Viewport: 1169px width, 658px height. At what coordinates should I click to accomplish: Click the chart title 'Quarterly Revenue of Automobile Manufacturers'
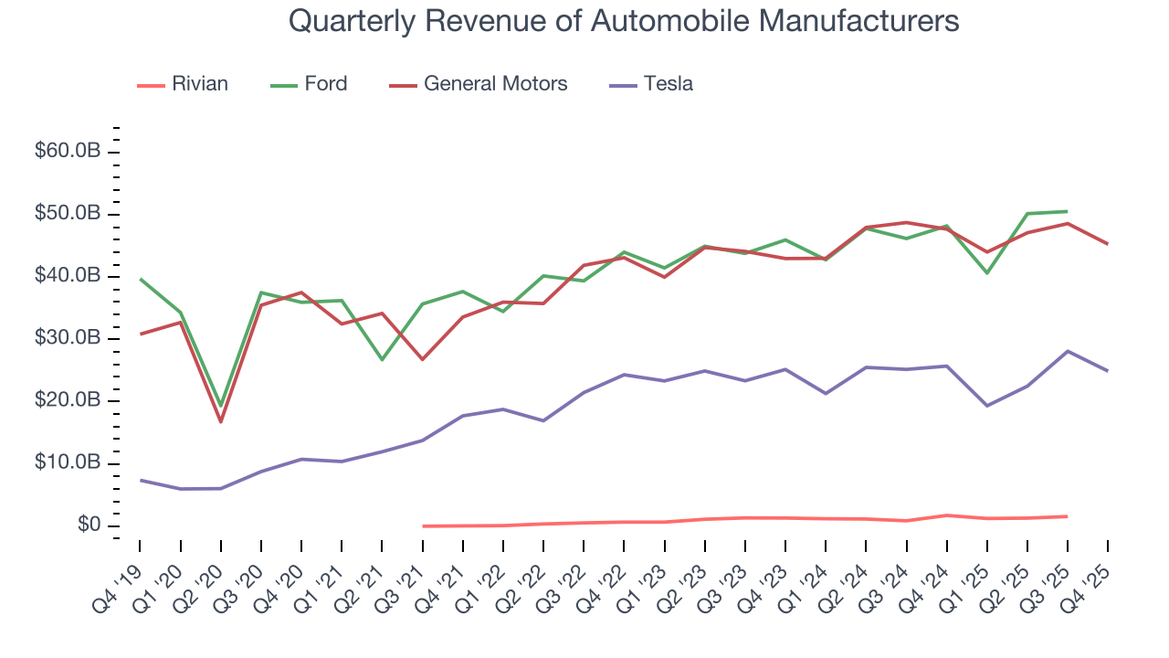point(624,20)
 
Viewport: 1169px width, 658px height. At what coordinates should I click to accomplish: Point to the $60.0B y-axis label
point(67,152)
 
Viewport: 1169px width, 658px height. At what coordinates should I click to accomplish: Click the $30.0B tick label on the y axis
point(67,339)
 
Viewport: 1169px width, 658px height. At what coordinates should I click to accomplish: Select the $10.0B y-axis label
point(67,463)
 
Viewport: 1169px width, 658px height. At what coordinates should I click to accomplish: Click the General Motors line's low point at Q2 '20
point(220,421)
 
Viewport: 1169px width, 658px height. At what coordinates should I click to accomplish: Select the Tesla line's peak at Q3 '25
point(1068,351)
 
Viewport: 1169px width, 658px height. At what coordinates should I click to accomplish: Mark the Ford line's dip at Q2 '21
point(382,359)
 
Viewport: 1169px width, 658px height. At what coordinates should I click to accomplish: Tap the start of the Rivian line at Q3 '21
point(423,525)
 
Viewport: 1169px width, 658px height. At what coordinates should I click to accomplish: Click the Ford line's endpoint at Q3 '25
point(1068,211)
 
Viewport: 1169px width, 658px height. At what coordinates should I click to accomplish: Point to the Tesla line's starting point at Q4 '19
point(140,480)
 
